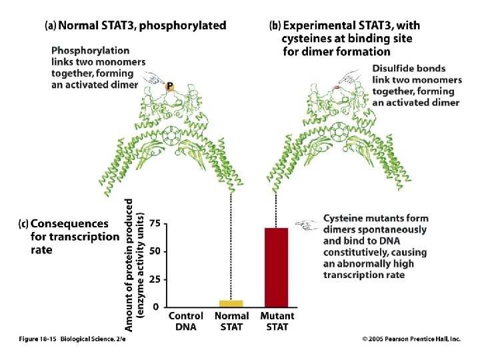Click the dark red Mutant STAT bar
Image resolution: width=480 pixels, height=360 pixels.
pos(276,267)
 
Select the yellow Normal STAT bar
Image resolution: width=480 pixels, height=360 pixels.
pos(231,304)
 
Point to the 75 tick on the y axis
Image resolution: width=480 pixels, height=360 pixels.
pos(155,223)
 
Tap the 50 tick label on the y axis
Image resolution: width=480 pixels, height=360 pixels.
pos(155,251)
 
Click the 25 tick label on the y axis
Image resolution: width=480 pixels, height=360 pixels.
pos(155,279)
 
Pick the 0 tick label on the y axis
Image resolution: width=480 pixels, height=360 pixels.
pos(156,307)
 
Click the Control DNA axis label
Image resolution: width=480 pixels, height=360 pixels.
pos(186,321)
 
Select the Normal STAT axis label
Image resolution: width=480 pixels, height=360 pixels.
pos(232,321)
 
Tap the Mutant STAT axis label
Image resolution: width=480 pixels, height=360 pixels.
pos(277,321)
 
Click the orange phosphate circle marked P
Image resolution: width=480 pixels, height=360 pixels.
pos(169,87)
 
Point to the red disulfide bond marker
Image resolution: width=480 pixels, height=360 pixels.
pos(336,88)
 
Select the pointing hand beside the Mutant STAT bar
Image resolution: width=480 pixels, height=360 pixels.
pos(306,225)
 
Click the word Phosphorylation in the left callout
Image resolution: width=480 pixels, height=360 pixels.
pos(90,51)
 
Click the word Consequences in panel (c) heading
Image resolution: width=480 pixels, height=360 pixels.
pos(69,224)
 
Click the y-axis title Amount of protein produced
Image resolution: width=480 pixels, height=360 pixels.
pos(129,265)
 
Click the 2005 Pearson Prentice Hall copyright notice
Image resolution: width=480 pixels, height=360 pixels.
pos(411,339)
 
